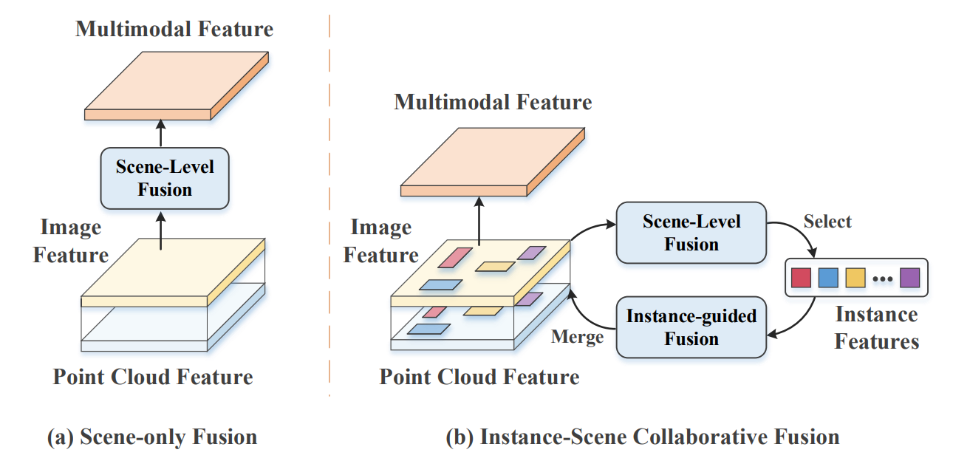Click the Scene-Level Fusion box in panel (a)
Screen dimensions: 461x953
165,178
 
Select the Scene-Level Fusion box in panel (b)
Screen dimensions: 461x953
691,233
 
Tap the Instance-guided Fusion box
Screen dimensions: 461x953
691,328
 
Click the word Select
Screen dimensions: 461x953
827,221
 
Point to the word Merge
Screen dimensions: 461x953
578,337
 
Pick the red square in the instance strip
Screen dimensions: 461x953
801,279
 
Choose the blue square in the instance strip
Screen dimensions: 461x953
828,279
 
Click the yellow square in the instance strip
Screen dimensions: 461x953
855,279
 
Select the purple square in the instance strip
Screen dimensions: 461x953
909,279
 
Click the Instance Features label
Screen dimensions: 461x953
877,328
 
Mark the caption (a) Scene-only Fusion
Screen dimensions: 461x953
152,437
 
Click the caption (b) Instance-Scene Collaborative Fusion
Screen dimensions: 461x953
643,437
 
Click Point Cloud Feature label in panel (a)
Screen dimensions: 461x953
153,377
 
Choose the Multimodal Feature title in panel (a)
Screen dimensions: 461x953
174,30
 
